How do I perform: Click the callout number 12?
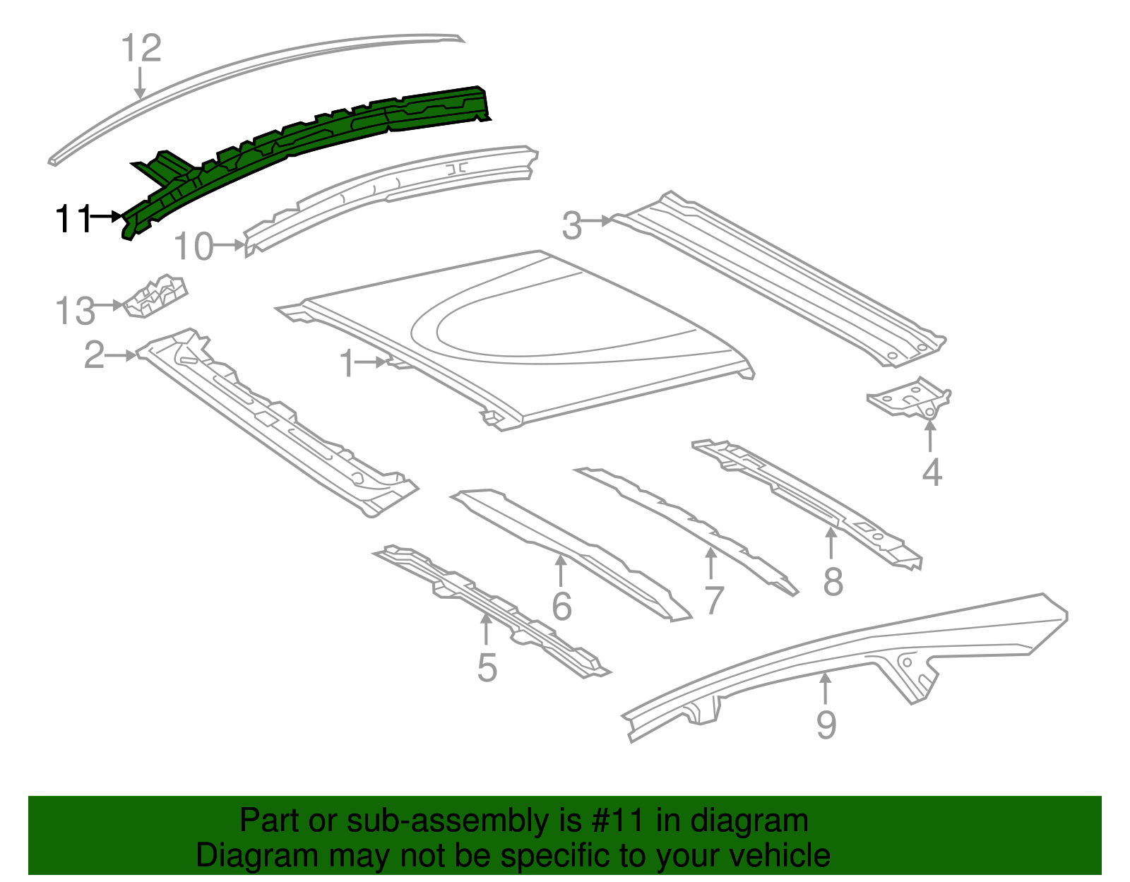141,49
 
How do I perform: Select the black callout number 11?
73,219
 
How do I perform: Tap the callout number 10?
194,247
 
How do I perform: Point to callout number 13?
75,311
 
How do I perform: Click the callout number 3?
572,226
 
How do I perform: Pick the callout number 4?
932,472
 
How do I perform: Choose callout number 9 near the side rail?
826,725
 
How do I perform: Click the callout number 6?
561,606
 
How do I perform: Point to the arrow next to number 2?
121,355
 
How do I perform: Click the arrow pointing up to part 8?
832,544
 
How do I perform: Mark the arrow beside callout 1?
373,362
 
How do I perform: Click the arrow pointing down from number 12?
140,83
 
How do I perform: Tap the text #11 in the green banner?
614,821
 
